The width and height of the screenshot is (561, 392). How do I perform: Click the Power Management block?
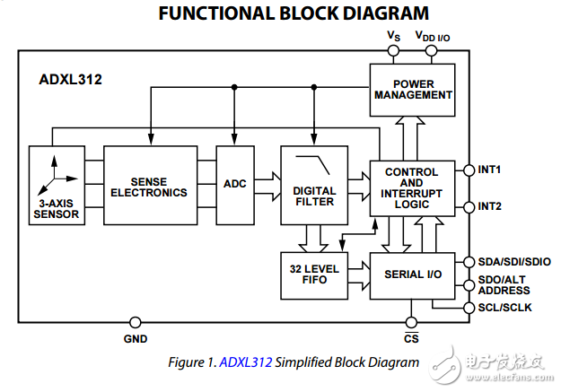click(411, 90)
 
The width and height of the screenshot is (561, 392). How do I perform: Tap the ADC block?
click(234, 184)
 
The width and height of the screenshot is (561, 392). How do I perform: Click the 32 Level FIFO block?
click(313, 274)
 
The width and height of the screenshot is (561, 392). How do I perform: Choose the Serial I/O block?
click(413, 273)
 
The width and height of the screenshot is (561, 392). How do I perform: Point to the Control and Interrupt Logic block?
click(411, 188)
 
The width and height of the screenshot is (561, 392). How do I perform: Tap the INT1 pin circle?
click(467, 170)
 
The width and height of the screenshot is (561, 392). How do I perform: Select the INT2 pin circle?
click(467, 206)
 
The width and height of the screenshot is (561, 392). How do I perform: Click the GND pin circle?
click(136, 322)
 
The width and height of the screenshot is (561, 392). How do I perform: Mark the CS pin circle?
click(411, 322)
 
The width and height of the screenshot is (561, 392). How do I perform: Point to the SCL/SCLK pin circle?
click(467, 308)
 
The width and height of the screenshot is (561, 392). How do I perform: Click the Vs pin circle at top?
click(393, 51)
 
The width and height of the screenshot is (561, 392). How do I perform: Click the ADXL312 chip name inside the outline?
click(71, 79)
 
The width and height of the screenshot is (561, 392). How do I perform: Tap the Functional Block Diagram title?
click(280, 14)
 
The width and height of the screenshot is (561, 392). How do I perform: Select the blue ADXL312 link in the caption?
click(245, 362)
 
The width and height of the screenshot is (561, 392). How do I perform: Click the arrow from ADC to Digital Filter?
click(267, 184)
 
